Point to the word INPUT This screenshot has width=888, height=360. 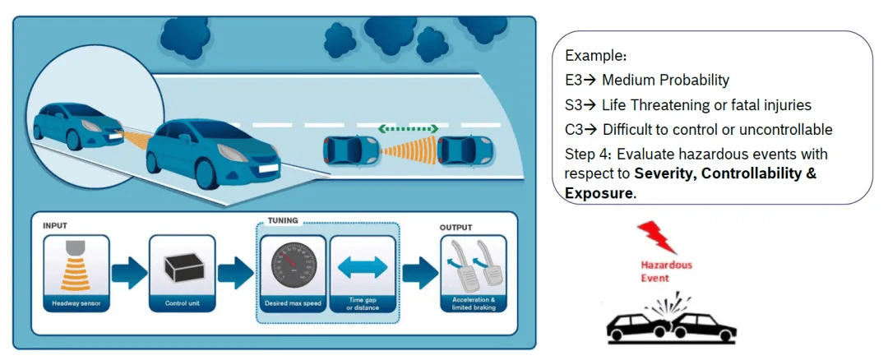click(54, 224)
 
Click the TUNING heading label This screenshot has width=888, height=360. click(283, 221)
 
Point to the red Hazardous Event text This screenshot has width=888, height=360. click(666, 272)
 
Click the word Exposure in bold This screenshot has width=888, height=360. click(599, 194)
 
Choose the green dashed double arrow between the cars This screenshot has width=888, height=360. click(408, 129)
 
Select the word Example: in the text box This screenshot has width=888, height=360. click(595, 56)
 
